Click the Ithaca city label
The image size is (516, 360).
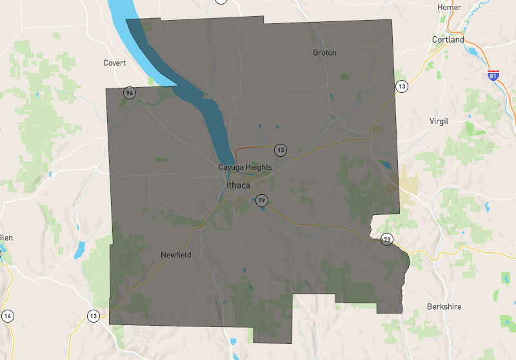click(238, 185)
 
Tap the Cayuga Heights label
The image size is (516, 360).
click(244, 167)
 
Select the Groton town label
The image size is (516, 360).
click(324, 52)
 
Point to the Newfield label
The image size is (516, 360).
click(175, 255)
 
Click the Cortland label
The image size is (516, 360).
click(448, 39)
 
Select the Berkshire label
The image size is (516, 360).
click(444, 306)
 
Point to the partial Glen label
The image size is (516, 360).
click(5, 237)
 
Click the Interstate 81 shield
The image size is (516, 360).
click(493, 75)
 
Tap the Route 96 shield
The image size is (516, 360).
click(130, 93)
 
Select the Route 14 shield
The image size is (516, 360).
click(8, 315)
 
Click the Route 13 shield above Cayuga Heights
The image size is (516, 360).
click(280, 150)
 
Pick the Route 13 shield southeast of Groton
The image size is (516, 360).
click(402, 86)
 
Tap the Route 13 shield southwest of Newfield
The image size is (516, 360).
click(94, 315)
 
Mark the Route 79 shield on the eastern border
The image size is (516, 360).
click(386, 239)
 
